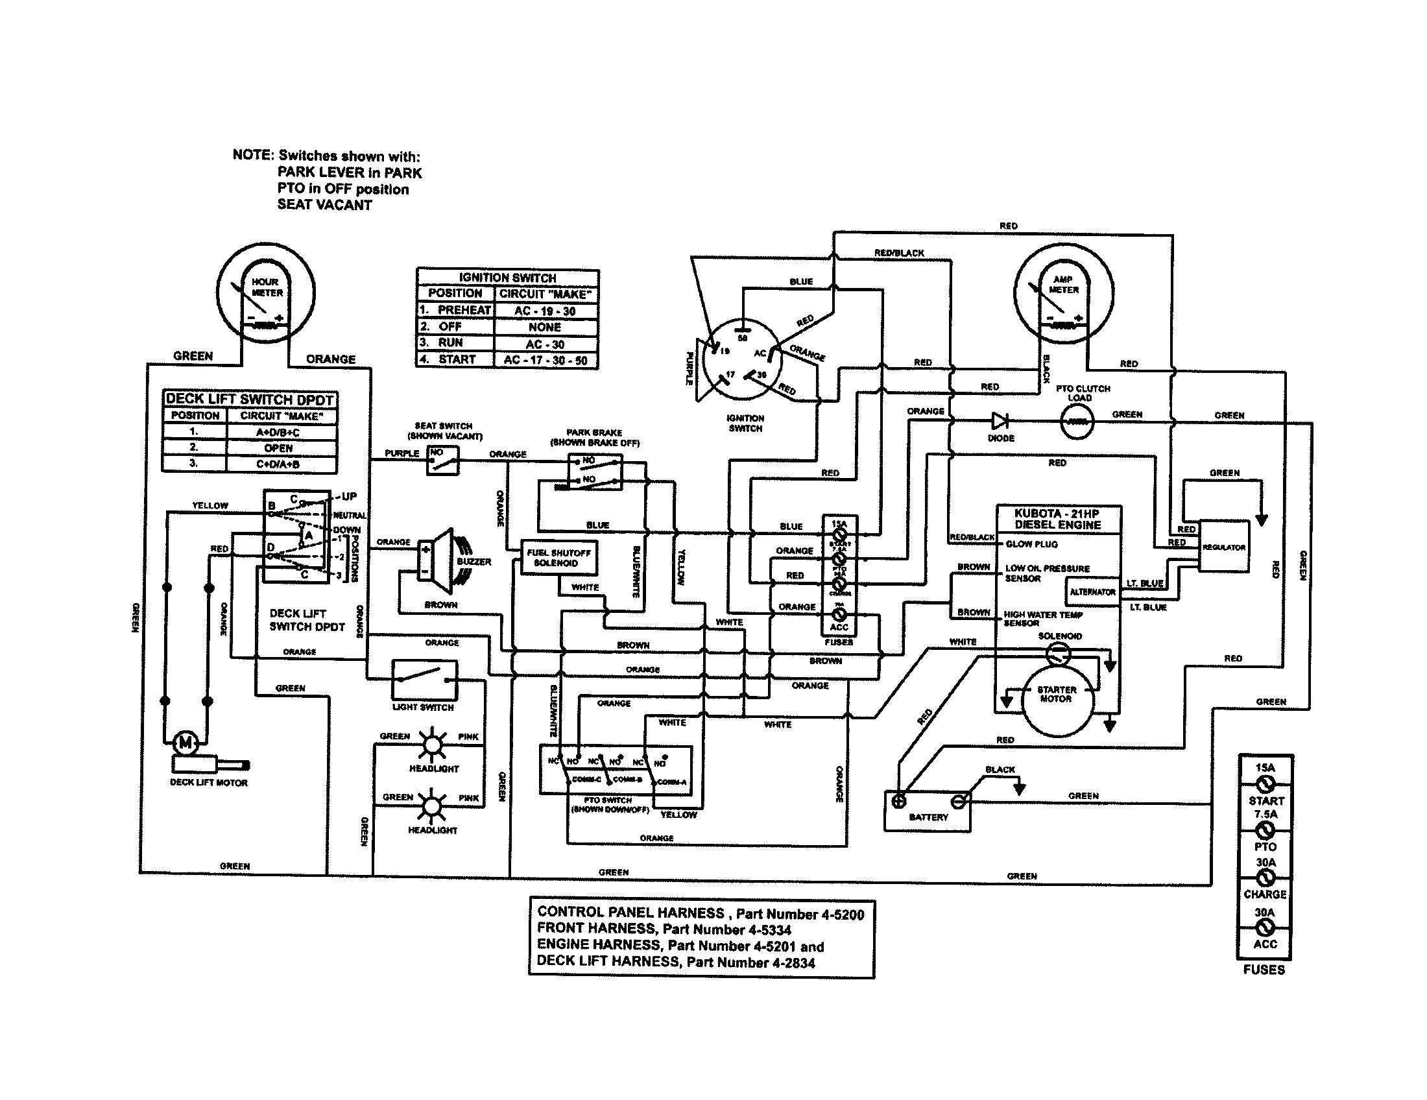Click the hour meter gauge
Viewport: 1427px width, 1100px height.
point(266,292)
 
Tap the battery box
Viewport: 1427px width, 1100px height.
point(927,811)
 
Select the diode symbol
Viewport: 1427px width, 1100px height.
point(1000,421)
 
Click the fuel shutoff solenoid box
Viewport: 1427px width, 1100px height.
point(558,558)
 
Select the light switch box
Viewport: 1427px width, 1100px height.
point(424,679)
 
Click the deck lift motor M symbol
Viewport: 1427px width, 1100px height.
point(186,742)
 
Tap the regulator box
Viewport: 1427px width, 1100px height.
point(1223,547)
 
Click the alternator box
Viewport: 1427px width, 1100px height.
point(1092,592)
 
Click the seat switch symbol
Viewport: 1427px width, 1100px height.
point(443,461)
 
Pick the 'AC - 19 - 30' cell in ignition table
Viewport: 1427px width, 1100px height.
point(545,311)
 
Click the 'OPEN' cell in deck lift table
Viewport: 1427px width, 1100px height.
point(279,448)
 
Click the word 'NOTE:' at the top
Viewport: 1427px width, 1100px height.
point(252,155)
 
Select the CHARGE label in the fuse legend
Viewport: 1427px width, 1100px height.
point(1265,894)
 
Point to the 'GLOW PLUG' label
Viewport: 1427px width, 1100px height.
point(1031,544)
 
